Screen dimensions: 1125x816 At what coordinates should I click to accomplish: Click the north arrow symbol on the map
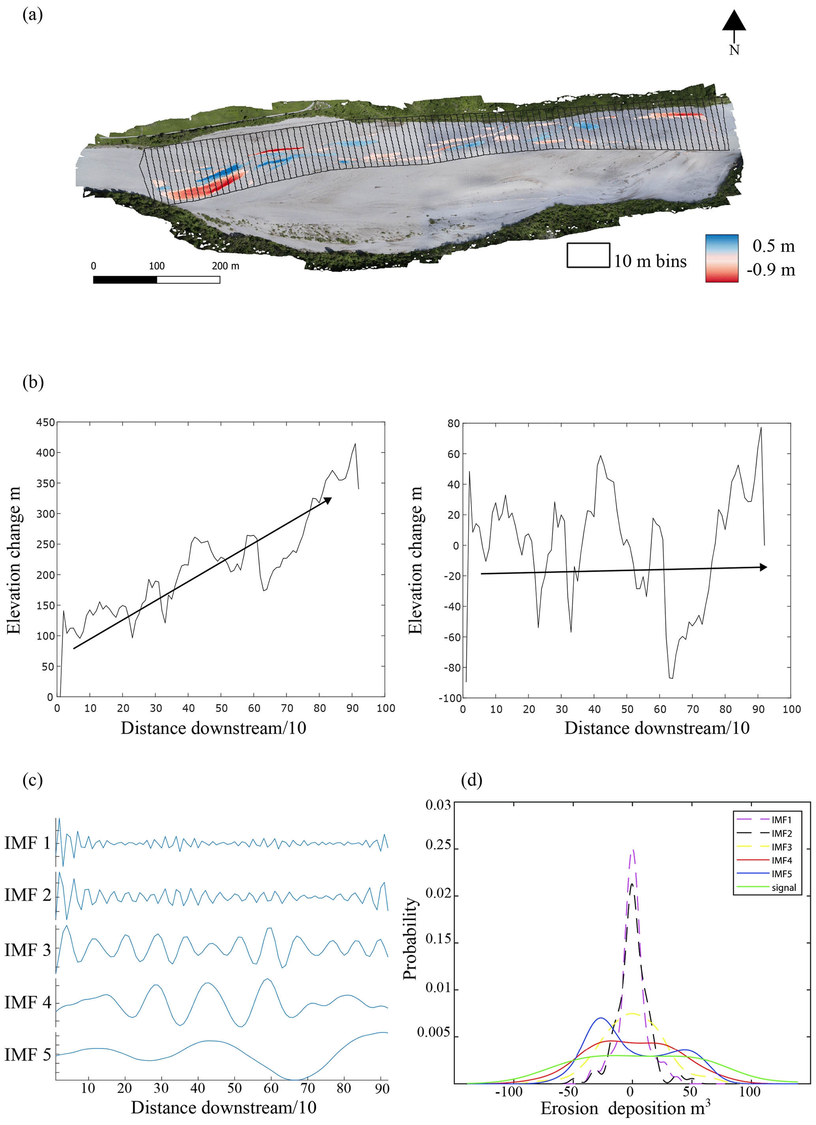coord(733,23)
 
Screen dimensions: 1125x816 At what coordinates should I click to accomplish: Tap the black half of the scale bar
coord(125,280)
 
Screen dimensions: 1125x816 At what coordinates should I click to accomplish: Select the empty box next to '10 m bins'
coord(588,255)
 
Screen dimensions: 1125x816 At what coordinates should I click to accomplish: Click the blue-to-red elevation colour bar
coord(722,258)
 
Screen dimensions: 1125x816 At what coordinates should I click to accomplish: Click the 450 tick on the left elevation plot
coord(45,423)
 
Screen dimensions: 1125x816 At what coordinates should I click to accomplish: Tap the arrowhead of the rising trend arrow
coord(328,500)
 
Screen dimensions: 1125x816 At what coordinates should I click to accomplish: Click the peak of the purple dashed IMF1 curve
coord(632,850)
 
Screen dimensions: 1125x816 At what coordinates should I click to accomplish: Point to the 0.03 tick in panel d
coord(439,805)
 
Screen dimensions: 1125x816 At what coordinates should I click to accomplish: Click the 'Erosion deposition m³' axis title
coord(625,1108)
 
